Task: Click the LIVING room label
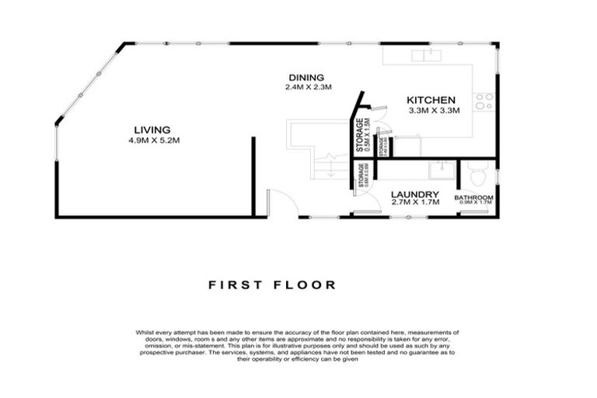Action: [x=152, y=129]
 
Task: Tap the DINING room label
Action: [x=305, y=77]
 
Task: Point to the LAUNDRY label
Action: [x=415, y=194]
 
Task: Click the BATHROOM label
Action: [x=474, y=197]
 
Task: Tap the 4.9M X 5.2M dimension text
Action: [x=152, y=140]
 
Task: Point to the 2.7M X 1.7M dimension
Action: [x=415, y=203]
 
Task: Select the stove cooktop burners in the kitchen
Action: [x=484, y=100]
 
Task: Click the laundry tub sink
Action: [x=438, y=169]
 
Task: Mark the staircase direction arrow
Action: [x=331, y=167]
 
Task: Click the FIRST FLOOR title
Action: [x=273, y=285]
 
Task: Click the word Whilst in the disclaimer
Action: [x=145, y=332]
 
